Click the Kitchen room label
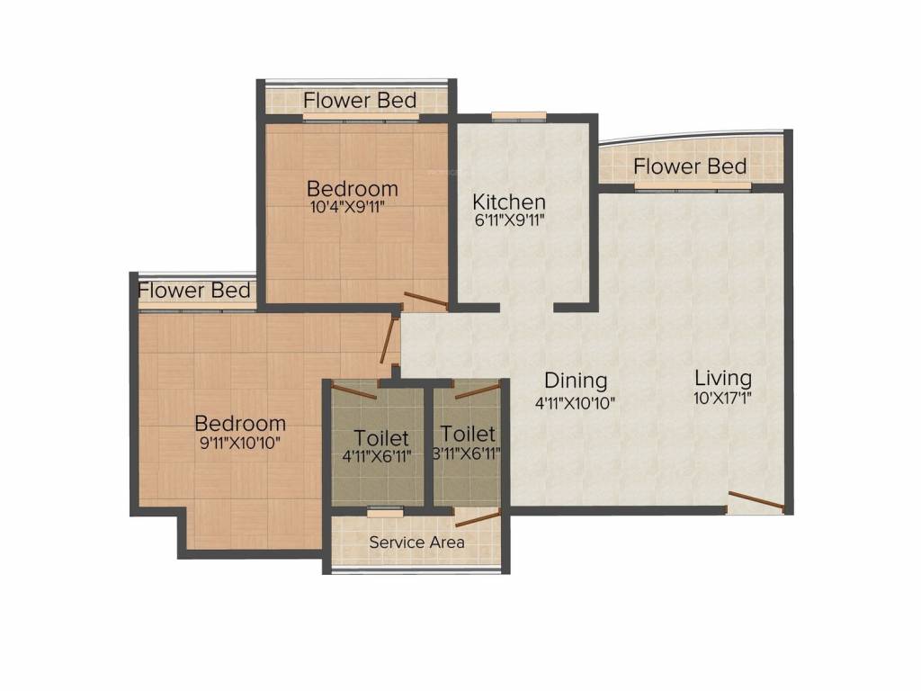click(x=509, y=201)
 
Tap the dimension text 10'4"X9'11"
click(x=352, y=206)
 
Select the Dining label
click(x=576, y=381)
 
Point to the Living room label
click(x=722, y=377)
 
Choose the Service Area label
click(x=416, y=543)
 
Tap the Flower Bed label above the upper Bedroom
click(x=360, y=99)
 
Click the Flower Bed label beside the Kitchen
click(x=689, y=166)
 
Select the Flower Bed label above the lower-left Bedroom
click(x=194, y=291)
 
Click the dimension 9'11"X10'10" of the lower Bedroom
click(x=240, y=442)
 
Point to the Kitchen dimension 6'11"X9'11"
click(x=509, y=220)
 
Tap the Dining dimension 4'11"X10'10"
click(x=576, y=402)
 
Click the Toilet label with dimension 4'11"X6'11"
click(x=381, y=437)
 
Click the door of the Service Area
click(x=478, y=516)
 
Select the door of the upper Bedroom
click(x=425, y=301)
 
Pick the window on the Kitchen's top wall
click(x=519, y=115)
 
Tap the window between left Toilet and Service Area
click(x=385, y=511)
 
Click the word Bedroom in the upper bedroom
click(x=352, y=189)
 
